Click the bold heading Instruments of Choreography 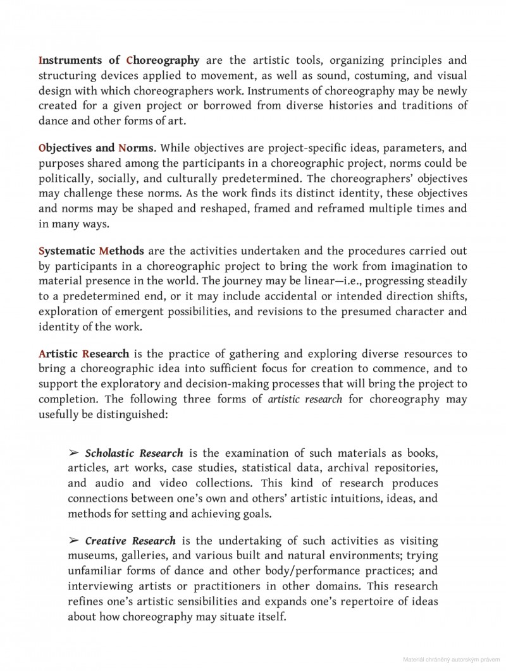[119, 61]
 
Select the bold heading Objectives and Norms [96, 148]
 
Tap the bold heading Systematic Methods [91, 251]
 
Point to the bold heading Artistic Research [83, 353]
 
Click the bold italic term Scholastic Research [134, 453]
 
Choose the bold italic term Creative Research [130, 541]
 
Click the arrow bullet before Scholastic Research [74, 453]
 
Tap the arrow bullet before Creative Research [74, 541]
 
